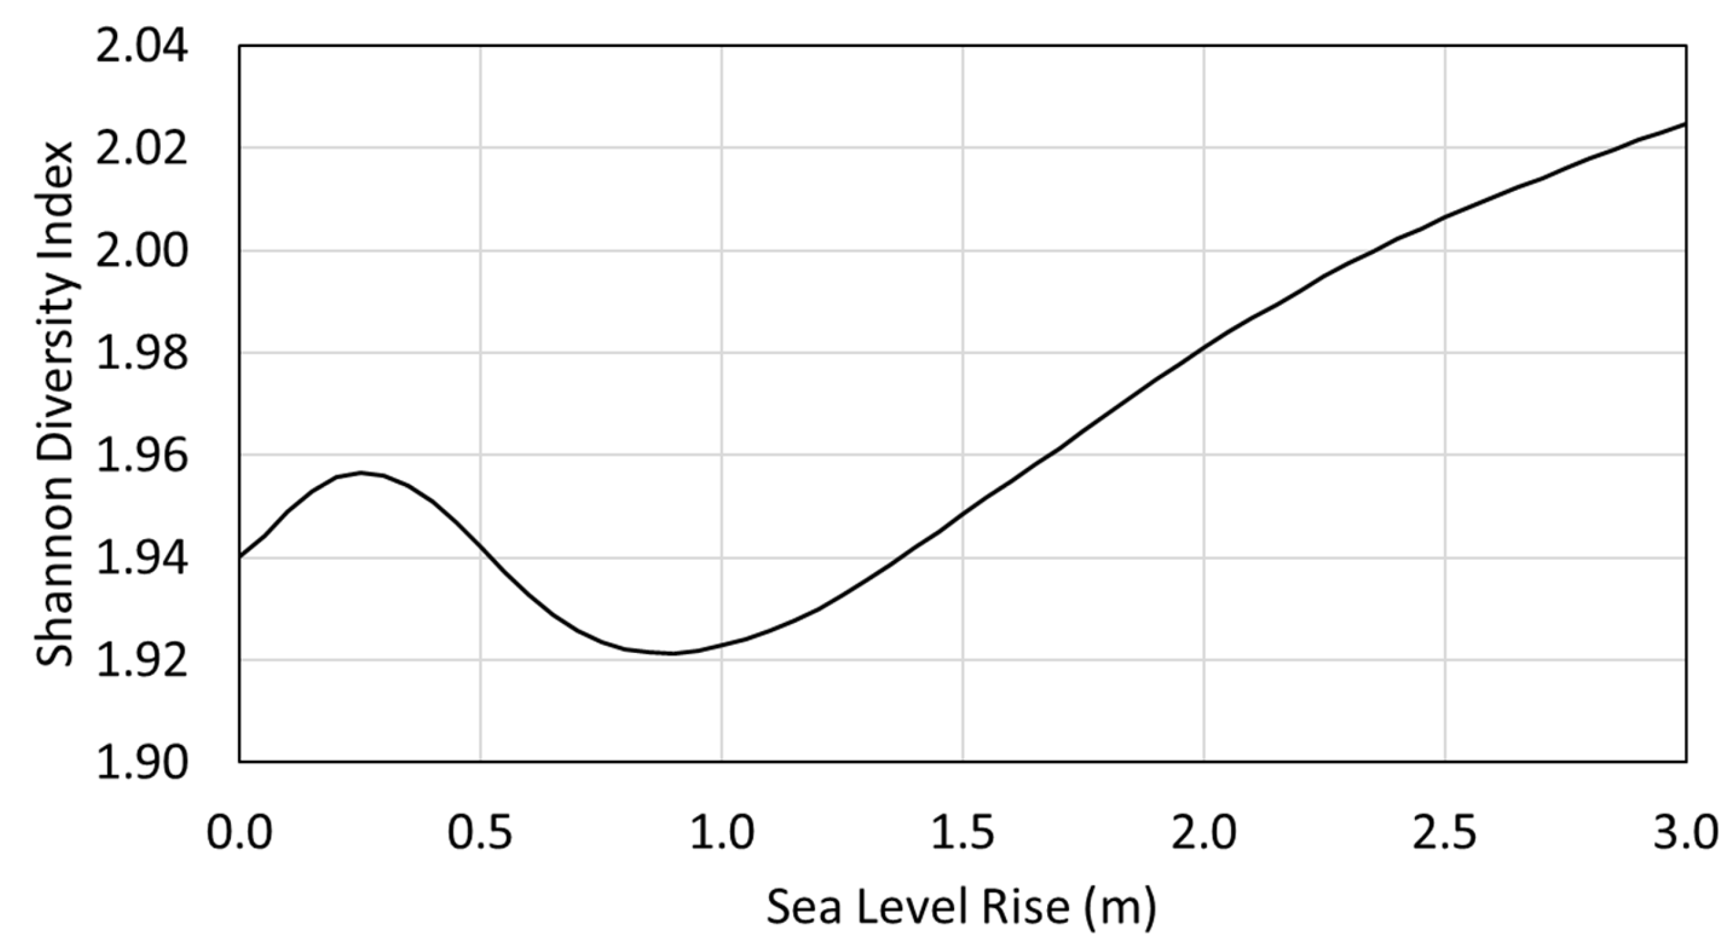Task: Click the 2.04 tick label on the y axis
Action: coord(141,48)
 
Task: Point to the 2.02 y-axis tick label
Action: coord(141,149)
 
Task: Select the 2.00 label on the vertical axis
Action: coord(141,253)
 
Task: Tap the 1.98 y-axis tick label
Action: coord(141,354)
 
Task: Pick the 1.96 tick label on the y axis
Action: coord(141,456)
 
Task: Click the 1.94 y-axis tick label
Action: coord(141,559)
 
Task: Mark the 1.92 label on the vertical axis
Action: coord(141,661)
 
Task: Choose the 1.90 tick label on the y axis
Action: coord(141,764)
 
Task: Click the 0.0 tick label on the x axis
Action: coord(239,833)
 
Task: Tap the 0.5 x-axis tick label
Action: coord(480,833)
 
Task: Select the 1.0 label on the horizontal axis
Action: coord(722,833)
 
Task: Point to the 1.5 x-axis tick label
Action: coord(962,833)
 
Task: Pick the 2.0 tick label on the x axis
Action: coord(1203,833)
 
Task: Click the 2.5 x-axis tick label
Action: coord(1445,833)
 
